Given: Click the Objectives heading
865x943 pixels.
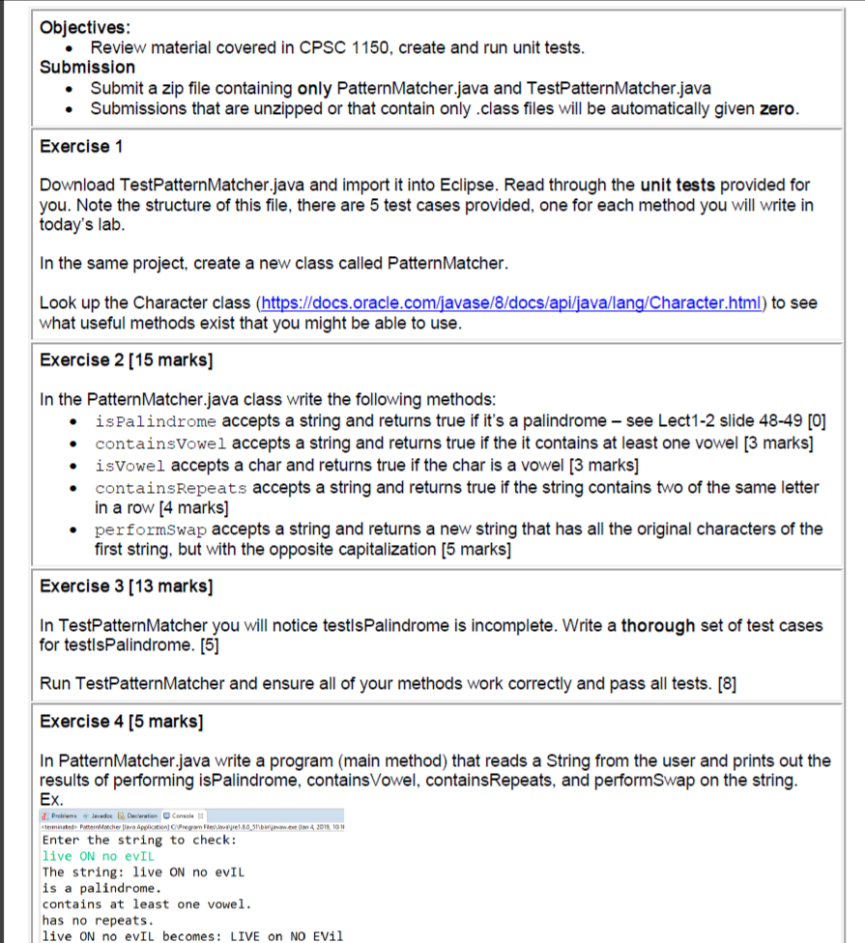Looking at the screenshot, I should coord(86,28).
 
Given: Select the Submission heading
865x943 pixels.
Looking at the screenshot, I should coord(87,67).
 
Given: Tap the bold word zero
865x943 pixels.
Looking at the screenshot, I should coord(776,108).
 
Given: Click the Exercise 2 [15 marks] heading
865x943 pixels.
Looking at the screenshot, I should coord(127,359).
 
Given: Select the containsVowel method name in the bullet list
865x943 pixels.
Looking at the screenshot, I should coord(161,443).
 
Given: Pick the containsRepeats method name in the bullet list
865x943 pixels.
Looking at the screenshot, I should coord(171,487).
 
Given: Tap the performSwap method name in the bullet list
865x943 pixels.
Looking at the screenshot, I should coord(152,529).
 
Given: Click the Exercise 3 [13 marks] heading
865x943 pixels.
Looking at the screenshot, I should coord(127,586).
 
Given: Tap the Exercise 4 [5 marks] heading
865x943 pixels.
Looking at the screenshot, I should coord(121,721).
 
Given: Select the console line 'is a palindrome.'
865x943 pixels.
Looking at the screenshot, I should coord(102,887).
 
